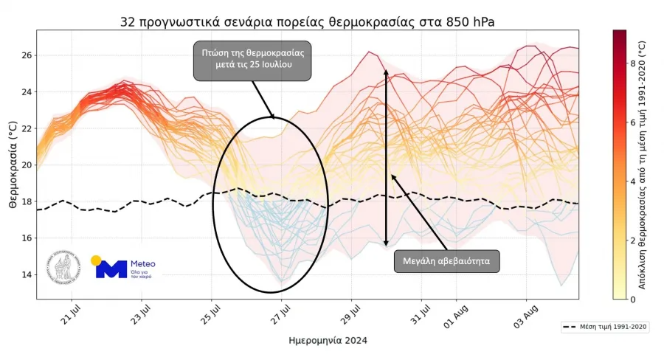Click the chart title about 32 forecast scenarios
point(307,22)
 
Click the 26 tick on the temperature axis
point(25,55)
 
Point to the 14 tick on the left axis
point(25,274)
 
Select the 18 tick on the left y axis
point(25,201)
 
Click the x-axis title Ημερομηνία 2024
point(328,341)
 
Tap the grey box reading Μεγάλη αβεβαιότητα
point(447,261)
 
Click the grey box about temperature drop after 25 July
point(253,60)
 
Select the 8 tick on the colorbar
point(632,63)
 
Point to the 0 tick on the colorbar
point(632,299)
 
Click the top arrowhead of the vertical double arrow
point(386,72)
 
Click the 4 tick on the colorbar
point(632,181)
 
